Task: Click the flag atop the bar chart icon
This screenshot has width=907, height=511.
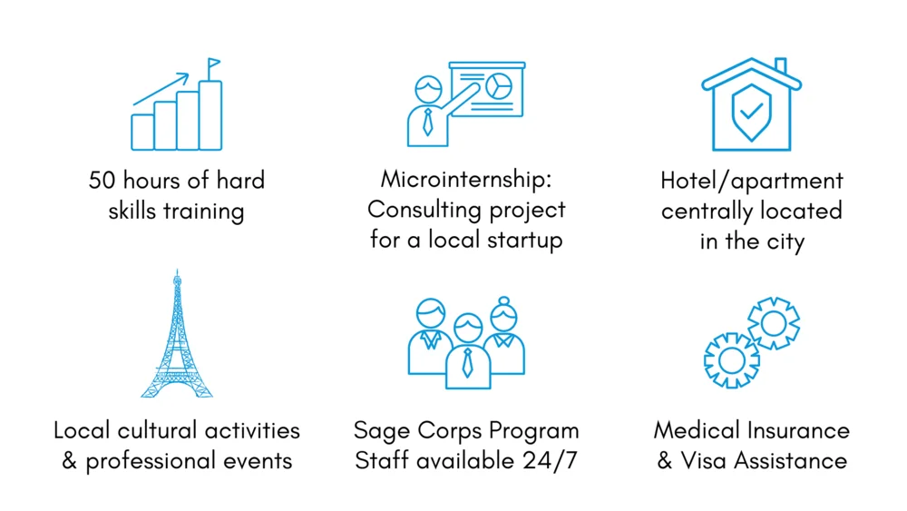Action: (213, 63)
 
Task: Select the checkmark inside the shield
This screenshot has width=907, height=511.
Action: (751, 110)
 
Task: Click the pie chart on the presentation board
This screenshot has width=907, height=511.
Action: (499, 86)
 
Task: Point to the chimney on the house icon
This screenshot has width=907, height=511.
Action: (780, 65)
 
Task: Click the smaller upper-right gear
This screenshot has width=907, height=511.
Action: (774, 323)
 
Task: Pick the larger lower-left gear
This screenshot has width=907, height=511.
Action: (732, 360)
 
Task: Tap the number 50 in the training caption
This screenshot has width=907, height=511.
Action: (102, 181)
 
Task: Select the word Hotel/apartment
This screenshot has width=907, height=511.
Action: (752, 182)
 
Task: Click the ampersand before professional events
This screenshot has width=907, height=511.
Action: (70, 461)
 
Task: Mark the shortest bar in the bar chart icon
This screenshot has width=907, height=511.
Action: (142, 132)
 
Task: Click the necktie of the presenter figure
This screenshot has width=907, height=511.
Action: (427, 123)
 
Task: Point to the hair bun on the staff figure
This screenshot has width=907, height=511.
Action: (503, 301)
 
